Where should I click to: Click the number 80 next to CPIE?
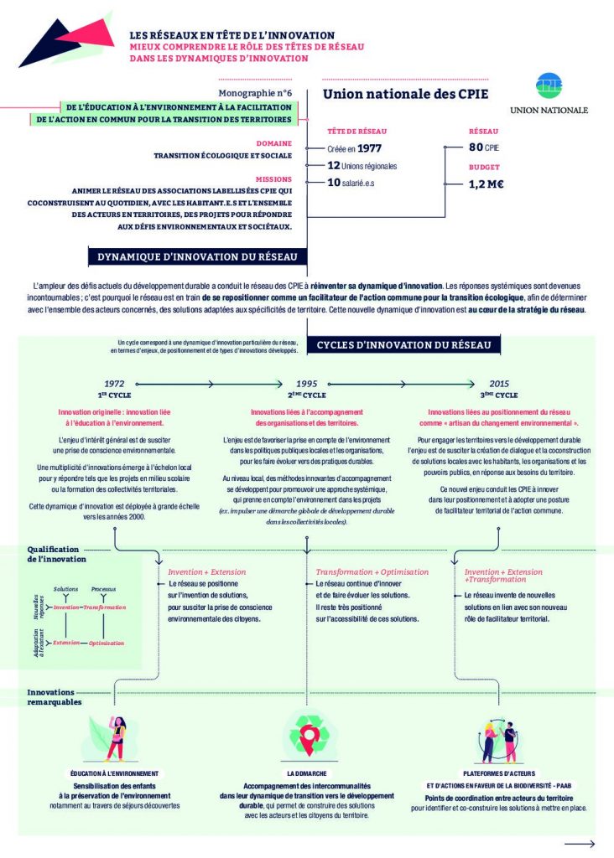(476, 148)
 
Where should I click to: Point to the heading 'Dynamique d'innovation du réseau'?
(197, 257)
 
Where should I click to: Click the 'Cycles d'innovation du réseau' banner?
(408, 344)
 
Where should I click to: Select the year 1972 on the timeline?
(114, 382)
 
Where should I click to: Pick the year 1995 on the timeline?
(306, 382)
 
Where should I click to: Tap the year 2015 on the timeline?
(500, 382)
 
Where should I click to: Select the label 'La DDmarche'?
(307, 773)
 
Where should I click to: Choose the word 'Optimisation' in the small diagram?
(107, 643)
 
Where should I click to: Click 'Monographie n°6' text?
(254, 95)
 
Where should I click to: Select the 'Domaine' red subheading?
(274, 143)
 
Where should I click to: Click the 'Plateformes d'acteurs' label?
(499, 773)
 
